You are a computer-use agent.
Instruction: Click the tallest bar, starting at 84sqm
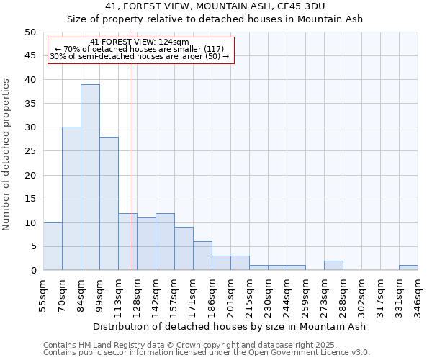[90, 177]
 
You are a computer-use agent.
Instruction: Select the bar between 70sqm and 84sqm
[71, 199]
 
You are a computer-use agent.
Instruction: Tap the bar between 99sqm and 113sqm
[109, 204]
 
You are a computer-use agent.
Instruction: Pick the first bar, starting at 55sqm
[53, 246]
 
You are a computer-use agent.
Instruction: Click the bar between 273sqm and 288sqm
[333, 266]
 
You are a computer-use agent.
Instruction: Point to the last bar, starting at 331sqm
[408, 268]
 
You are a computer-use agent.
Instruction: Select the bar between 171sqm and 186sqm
[202, 256]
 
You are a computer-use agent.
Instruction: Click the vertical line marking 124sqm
[132, 166]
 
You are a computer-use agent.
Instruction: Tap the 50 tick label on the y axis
[30, 32]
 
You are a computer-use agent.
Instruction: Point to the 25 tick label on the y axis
[30, 151]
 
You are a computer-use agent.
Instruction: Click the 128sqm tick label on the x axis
[137, 296]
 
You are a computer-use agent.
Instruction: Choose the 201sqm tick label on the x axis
[230, 296]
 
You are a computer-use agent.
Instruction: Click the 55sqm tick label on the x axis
[43, 296]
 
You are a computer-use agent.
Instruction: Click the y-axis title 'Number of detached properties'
[6, 156]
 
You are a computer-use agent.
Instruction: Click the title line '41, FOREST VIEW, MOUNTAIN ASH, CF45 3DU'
[215, 6]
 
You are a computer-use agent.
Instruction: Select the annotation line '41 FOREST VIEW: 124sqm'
[140, 42]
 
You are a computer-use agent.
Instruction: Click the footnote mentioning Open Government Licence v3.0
[207, 353]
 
